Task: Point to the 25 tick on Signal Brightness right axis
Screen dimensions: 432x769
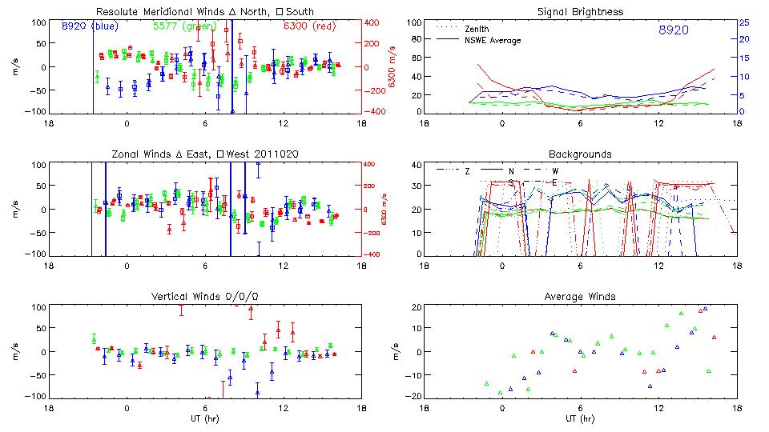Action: click(743, 22)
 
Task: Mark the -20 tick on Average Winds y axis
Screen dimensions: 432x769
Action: click(414, 396)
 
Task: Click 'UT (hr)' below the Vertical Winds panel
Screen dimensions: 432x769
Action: click(205, 419)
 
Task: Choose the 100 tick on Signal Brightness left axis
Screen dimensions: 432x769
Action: click(413, 22)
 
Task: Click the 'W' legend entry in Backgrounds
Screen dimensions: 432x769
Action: click(555, 171)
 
